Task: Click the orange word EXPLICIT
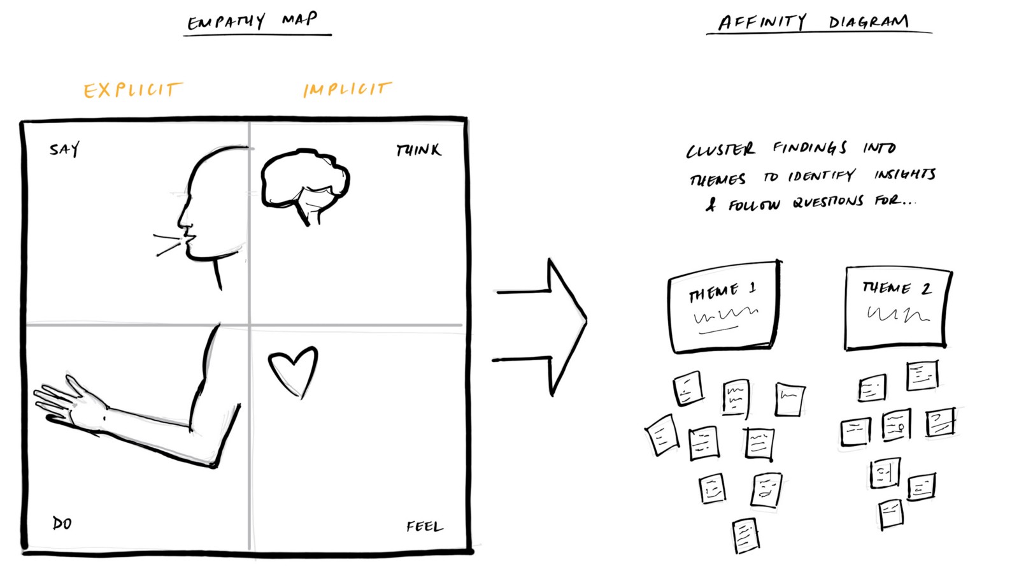(132, 90)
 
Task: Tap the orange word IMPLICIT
(347, 89)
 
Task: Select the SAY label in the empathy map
(64, 150)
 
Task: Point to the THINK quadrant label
(418, 150)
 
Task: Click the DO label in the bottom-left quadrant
(62, 524)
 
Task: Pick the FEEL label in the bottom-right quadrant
(424, 526)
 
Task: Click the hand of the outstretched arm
(67, 401)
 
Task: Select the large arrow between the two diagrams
(548, 326)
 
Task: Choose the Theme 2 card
(897, 308)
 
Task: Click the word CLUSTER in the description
(720, 150)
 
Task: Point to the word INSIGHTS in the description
(904, 175)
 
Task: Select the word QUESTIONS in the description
(828, 203)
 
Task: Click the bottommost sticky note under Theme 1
(746, 536)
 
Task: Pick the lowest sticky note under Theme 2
(891, 514)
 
